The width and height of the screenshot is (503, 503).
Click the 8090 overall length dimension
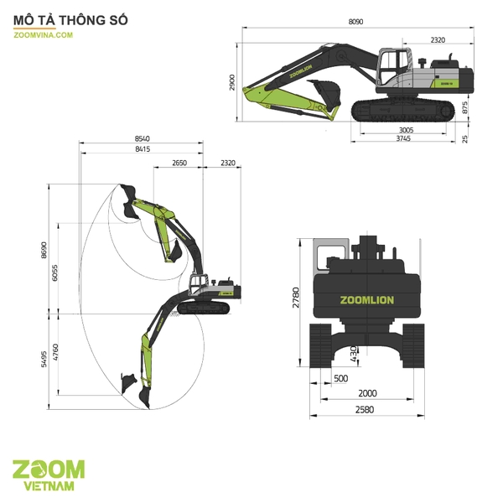click(x=355, y=22)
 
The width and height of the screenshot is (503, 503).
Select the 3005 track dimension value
click(x=405, y=130)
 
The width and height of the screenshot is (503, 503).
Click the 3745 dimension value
click(x=405, y=140)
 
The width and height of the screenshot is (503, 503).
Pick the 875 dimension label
click(x=465, y=108)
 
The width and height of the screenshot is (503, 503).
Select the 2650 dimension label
click(x=178, y=163)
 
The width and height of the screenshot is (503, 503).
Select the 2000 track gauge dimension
click(x=367, y=393)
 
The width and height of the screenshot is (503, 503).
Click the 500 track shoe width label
click(x=340, y=378)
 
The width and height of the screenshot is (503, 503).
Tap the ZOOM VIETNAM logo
click(x=49, y=474)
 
